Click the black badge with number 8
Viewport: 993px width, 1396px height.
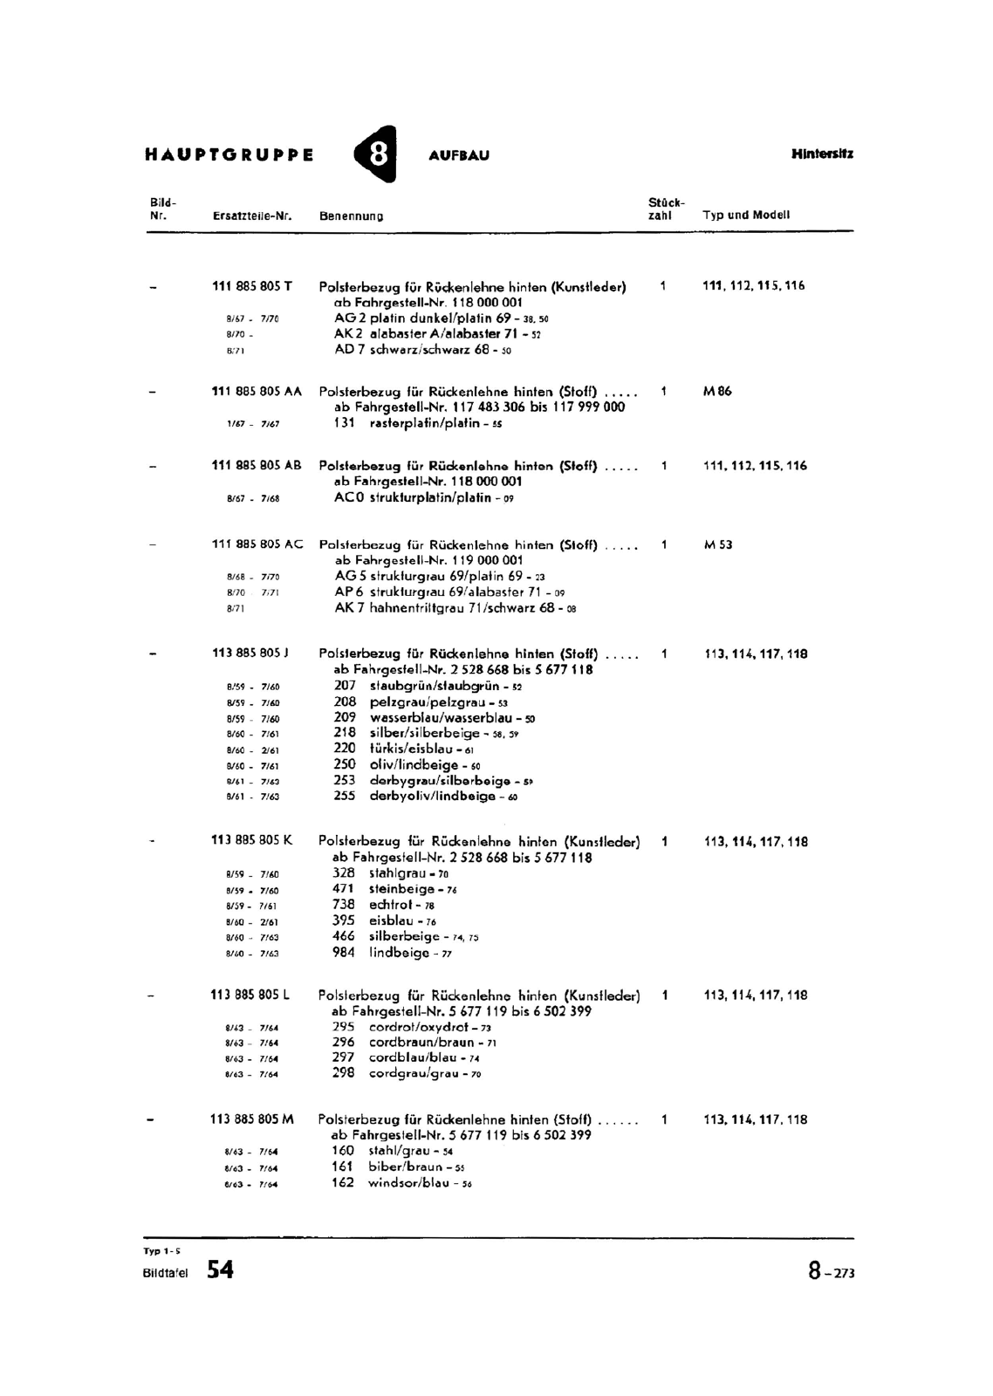377,154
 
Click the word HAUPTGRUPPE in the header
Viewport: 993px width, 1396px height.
229,155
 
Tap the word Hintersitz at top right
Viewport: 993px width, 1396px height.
822,154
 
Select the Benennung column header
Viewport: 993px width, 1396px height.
351,216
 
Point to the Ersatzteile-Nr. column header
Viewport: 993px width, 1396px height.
251,216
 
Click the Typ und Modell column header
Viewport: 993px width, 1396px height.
746,215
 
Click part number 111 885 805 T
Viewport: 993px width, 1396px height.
252,286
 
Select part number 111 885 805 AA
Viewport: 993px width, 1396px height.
256,392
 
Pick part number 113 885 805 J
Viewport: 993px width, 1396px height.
251,653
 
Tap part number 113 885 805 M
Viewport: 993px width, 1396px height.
252,1119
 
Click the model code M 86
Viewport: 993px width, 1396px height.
717,392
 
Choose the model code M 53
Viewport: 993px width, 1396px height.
718,545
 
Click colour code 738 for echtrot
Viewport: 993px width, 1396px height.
344,905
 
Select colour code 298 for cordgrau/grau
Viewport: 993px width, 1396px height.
344,1073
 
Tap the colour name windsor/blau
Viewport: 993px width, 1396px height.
408,1183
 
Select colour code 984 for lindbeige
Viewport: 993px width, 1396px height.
344,952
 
